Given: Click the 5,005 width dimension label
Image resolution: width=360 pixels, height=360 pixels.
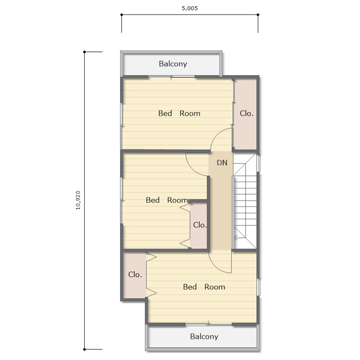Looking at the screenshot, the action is (x=190, y=8).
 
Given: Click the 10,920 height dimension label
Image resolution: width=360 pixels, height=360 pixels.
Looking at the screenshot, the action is (x=78, y=200).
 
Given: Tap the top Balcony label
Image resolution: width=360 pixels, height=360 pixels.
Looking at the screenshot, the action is (x=173, y=64).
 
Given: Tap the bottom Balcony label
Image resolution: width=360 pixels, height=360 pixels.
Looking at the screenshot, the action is (x=204, y=336).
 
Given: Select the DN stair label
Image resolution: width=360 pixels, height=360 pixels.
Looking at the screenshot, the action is (x=222, y=163).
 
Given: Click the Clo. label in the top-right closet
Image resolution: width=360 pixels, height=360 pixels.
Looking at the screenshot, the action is (x=247, y=113).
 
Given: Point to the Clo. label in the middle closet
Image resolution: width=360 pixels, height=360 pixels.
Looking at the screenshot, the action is (x=200, y=225).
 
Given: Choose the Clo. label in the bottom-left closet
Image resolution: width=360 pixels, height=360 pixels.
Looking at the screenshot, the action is (x=135, y=274).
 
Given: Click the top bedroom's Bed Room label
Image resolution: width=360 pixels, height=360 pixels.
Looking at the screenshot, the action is (x=179, y=113).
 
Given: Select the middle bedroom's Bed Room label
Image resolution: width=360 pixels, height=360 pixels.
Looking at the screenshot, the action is (x=167, y=200).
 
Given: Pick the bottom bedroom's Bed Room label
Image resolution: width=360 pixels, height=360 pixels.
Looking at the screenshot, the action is (x=204, y=287).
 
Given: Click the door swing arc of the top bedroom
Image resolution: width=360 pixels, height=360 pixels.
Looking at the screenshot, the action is (x=217, y=134).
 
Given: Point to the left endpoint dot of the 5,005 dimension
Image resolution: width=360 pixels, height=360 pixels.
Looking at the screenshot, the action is (x=121, y=15).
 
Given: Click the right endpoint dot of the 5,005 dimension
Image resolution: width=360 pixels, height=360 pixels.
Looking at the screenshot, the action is (x=258, y=15).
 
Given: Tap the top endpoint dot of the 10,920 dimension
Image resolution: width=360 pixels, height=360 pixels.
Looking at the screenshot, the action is (x=84, y=52).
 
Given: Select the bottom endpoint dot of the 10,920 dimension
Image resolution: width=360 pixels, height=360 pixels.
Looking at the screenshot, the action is (x=84, y=349).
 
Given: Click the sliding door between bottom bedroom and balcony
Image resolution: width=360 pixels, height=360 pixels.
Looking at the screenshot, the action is (x=209, y=324).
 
